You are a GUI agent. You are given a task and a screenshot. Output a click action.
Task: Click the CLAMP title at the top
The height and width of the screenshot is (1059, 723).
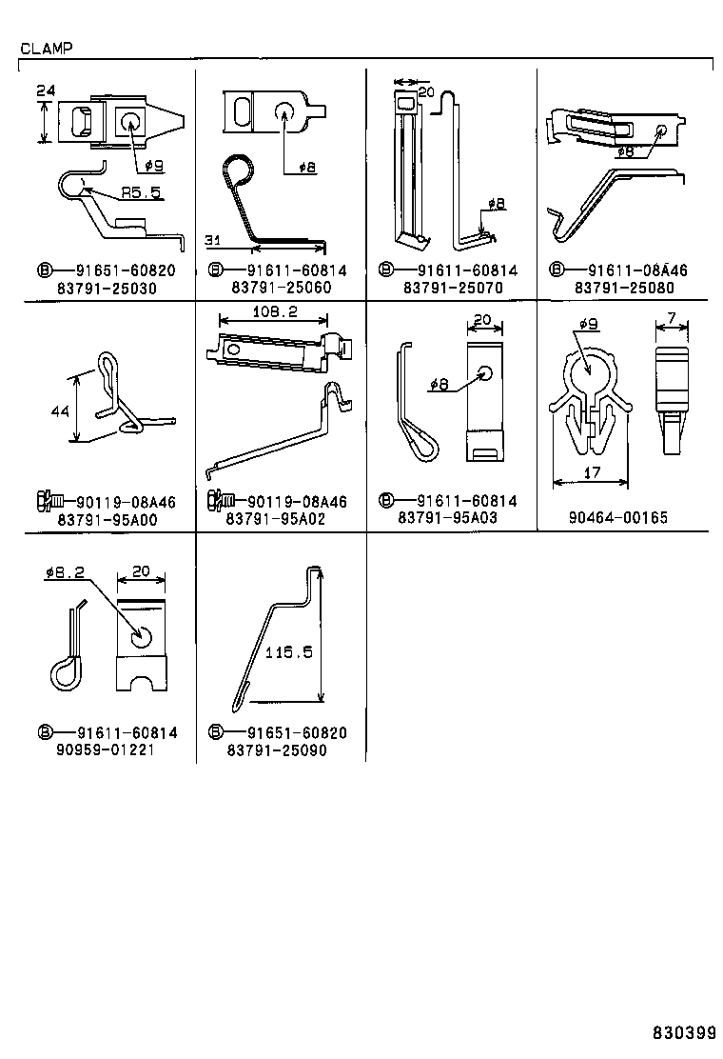(44, 47)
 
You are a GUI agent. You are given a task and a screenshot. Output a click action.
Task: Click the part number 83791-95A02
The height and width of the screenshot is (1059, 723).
(276, 520)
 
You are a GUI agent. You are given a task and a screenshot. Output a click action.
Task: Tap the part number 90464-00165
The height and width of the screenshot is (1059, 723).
(619, 518)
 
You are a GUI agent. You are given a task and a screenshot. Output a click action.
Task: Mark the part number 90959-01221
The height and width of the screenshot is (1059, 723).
(105, 749)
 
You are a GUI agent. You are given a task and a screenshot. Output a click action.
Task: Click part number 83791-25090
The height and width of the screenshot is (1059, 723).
(276, 749)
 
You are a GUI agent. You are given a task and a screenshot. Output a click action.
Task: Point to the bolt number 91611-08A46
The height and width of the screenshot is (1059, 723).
(636, 270)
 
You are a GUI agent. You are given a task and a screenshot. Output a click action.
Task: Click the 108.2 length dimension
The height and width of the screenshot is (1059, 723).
(277, 312)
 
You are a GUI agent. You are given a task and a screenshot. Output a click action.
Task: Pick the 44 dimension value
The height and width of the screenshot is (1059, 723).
(59, 412)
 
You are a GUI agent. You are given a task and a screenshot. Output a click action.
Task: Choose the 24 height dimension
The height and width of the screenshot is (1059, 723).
(44, 91)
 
